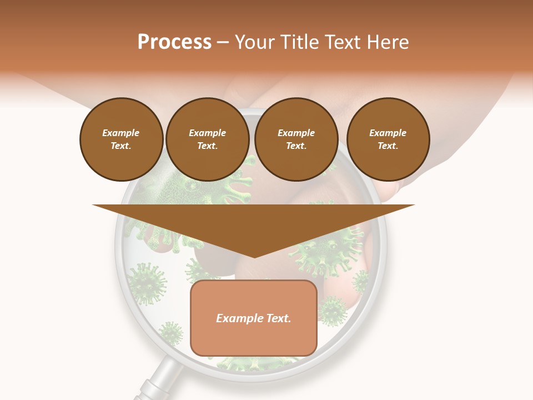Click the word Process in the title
click(x=174, y=42)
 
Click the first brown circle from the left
click(x=121, y=139)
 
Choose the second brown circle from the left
click(x=207, y=139)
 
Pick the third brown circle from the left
click(x=296, y=139)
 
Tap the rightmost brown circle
click(x=388, y=139)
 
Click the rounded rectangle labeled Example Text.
click(x=254, y=318)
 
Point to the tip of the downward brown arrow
click(x=254, y=257)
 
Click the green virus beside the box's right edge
click(x=333, y=310)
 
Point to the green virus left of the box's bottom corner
click(x=170, y=333)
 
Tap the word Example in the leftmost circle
click(x=121, y=133)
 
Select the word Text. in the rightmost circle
click(x=388, y=146)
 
